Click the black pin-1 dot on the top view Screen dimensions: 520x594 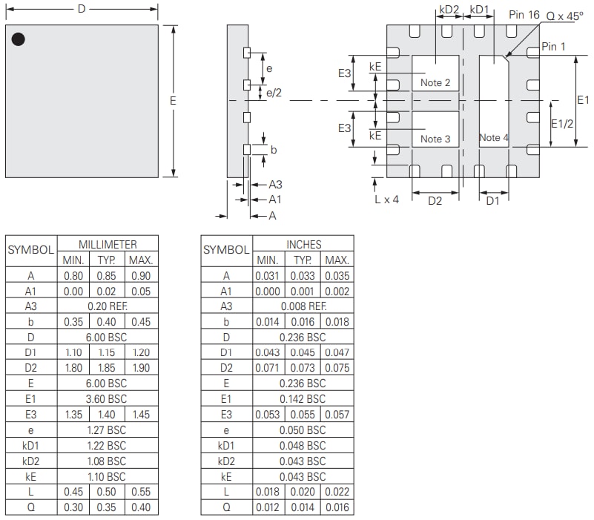19,39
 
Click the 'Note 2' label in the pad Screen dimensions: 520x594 435,82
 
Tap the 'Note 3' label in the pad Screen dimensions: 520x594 435,139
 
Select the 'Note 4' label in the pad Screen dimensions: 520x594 494,137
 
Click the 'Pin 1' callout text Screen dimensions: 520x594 553,46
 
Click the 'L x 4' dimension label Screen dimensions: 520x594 386,200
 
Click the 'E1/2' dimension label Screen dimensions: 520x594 563,124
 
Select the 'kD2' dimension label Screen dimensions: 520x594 449,10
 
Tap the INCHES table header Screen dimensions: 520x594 303,244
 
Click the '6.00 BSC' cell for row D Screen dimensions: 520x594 107,338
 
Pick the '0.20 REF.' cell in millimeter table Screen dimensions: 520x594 107,306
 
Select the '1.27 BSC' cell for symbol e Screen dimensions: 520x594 107,430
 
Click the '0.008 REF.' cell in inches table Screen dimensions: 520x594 303,306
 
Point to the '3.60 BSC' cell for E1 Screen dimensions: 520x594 107,399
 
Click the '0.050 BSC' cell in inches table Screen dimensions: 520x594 303,430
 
